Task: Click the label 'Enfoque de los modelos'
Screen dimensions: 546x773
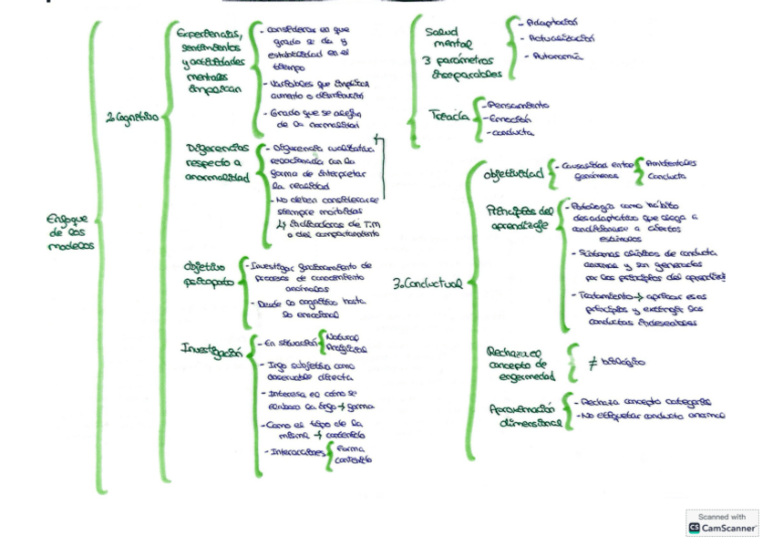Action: pyautogui.click(x=69, y=232)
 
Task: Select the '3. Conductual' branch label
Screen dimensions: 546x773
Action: pyautogui.click(x=427, y=283)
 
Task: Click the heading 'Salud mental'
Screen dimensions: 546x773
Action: pyautogui.click(x=447, y=37)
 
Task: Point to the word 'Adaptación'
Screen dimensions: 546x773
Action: pyautogui.click(x=551, y=20)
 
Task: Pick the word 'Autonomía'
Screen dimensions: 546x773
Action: pyautogui.click(x=555, y=57)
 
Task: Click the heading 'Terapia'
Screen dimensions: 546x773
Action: pyautogui.click(x=448, y=115)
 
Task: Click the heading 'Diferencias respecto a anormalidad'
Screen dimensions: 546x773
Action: pyautogui.click(x=216, y=162)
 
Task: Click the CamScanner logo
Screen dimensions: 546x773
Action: pyautogui.click(x=720, y=526)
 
